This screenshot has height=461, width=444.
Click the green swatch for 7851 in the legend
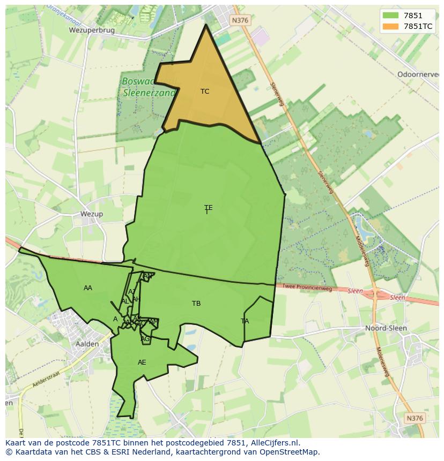click(x=390, y=16)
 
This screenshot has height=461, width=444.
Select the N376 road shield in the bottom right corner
click(x=415, y=418)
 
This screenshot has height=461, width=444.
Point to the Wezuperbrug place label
click(x=92, y=31)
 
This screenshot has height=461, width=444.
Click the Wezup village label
click(x=91, y=214)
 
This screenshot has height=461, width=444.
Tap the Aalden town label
click(x=87, y=344)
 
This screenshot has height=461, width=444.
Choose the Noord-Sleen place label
click(x=386, y=328)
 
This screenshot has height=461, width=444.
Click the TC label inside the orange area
click(x=205, y=92)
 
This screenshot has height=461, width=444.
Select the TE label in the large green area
click(x=208, y=208)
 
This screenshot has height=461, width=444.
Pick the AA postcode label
click(x=88, y=288)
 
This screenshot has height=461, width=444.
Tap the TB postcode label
click(x=196, y=304)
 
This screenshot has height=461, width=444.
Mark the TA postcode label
click(x=245, y=321)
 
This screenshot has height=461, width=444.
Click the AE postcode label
click(x=142, y=362)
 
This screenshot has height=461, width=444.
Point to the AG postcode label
click(x=145, y=339)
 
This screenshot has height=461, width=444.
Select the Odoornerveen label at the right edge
click(x=418, y=74)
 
